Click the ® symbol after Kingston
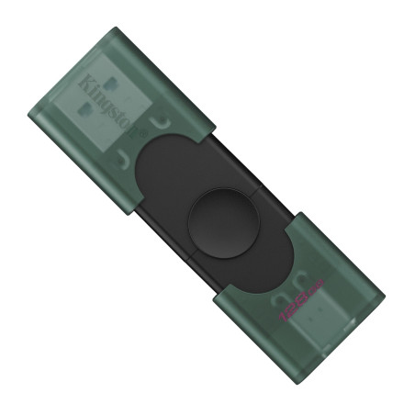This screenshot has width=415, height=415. (x=142, y=133)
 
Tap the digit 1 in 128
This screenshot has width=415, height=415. (x=284, y=315)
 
